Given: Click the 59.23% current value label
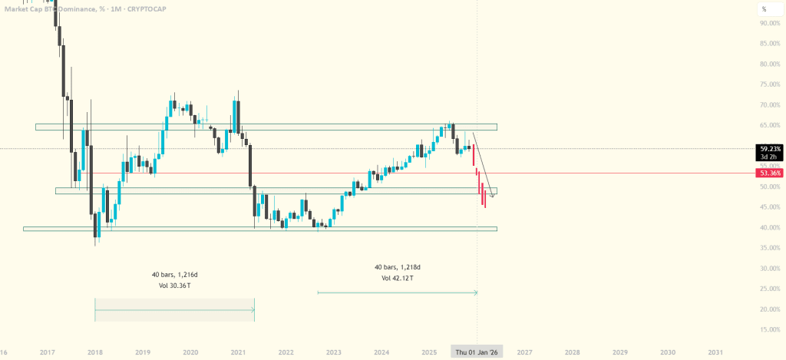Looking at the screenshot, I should [770, 149].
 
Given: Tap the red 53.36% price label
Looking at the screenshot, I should [770, 173].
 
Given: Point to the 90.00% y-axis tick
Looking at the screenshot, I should [770, 23].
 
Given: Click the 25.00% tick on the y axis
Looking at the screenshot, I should [770, 289].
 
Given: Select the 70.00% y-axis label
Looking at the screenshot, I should [770, 104].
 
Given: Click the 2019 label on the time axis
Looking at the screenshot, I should [143, 352].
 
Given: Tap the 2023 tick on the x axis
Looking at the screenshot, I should [334, 352].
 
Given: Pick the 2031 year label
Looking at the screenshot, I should [715, 352].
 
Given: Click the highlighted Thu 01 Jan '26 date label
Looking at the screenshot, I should [477, 352].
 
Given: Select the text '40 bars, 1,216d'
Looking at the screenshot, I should [175, 274].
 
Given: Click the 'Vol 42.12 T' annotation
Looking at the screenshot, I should [397, 278].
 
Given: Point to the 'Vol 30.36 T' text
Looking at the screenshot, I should [175, 286].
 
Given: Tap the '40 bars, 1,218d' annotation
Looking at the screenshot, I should [397, 267].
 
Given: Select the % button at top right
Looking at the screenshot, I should [764, 9].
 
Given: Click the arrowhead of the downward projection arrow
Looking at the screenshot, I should [492, 197].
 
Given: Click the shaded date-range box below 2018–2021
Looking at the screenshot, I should [174, 309].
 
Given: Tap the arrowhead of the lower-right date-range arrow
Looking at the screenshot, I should [476, 292].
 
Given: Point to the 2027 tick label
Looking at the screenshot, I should [524, 352].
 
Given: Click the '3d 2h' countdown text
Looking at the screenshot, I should [767, 157].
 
